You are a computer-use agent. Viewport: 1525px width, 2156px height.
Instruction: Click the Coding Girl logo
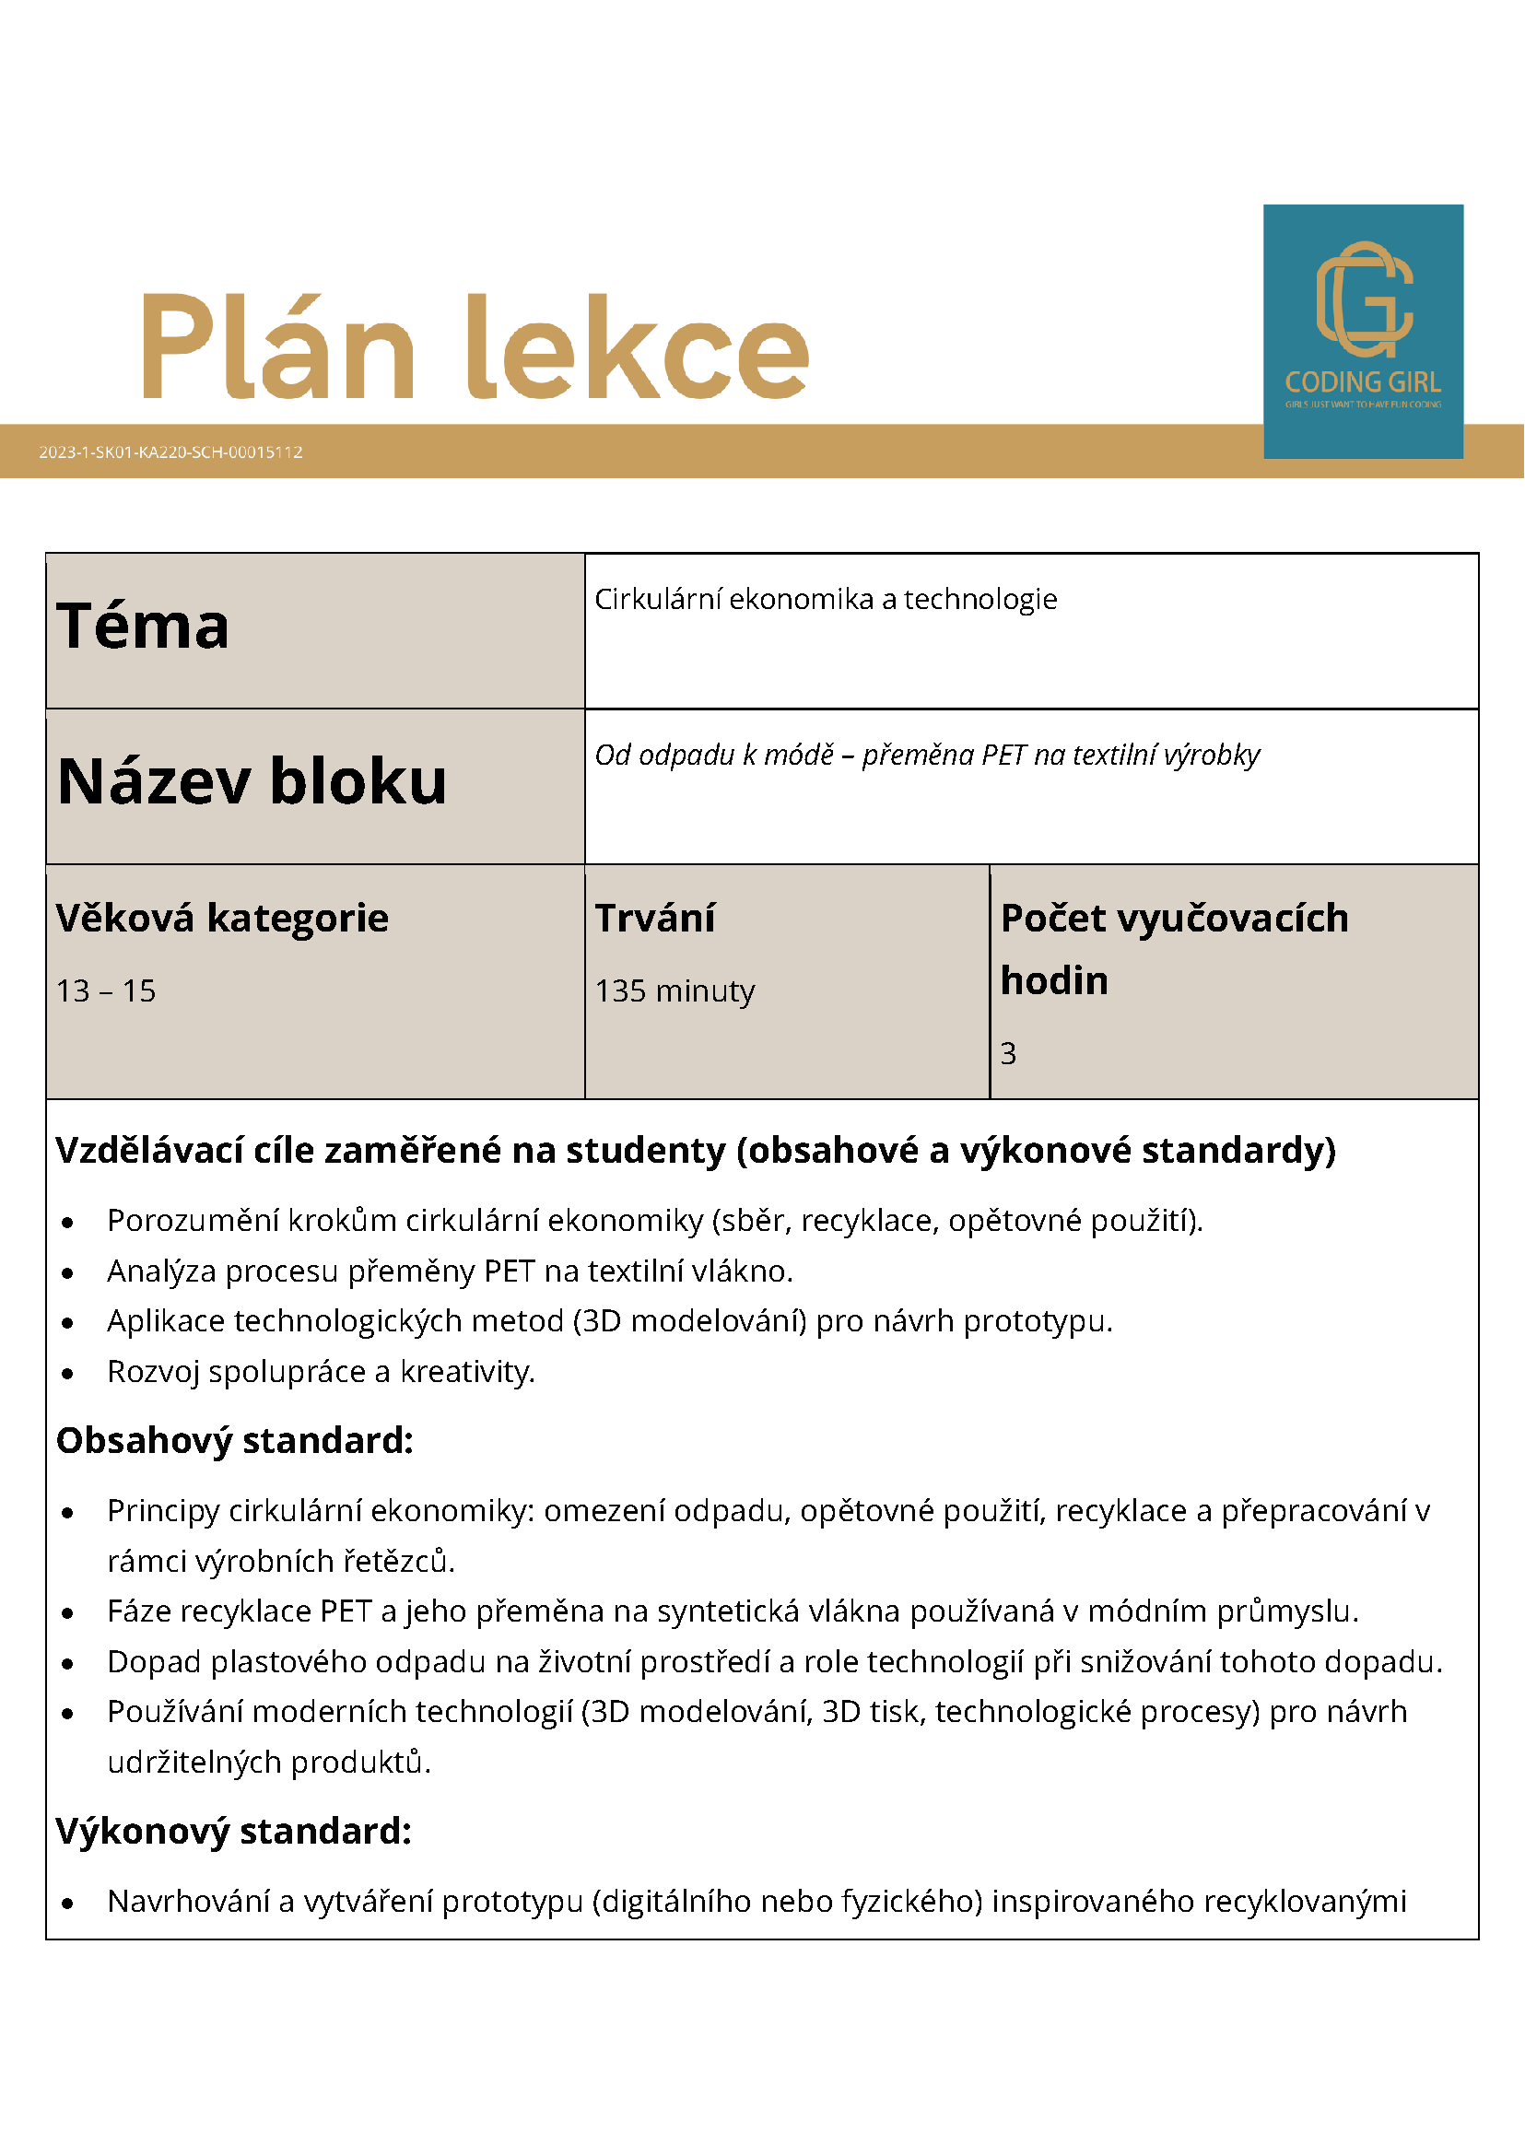click(x=1363, y=331)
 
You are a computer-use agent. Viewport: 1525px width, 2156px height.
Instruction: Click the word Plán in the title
click(x=278, y=347)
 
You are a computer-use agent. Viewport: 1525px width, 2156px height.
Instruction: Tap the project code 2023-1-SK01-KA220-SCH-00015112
click(x=170, y=452)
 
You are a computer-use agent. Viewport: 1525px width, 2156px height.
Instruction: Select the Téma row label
click(x=143, y=627)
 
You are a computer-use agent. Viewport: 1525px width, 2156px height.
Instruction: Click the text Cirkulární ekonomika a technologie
click(x=826, y=599)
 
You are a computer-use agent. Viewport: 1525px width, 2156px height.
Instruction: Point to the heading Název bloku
click(x=252, y=781)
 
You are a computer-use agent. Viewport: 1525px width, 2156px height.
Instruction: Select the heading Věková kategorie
click(x=222, y=918)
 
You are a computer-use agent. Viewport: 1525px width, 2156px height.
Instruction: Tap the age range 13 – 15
click(x=106, y=990)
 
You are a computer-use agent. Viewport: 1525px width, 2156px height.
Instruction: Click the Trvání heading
click(x=654, y=918)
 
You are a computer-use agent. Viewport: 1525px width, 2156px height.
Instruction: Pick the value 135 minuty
click(x=675, y=990)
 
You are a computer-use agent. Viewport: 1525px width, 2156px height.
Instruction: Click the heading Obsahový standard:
click(x=235, y=1440)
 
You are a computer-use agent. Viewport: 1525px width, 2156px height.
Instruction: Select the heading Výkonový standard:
click(x=234, y=1831)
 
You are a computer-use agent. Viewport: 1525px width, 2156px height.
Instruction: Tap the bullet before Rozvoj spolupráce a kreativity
click(x=67, y=1374)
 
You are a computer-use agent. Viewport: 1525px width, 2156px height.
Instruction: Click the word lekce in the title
click(x=638, y=347)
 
